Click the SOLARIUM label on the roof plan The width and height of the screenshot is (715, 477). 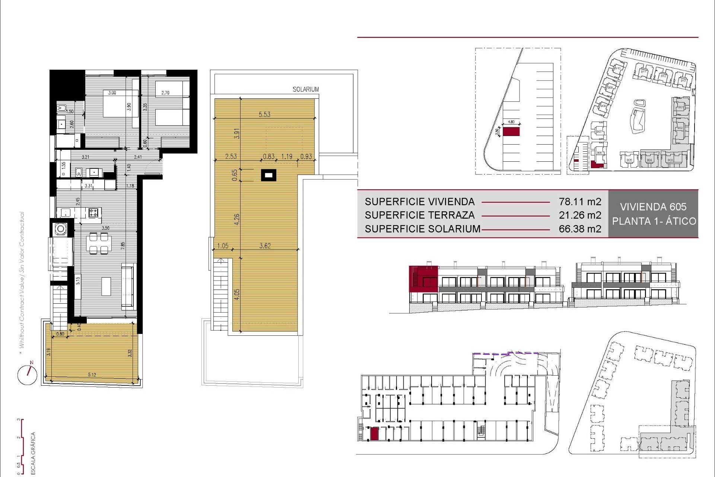tap(305, 89)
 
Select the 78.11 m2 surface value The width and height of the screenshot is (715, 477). tap(580, 202)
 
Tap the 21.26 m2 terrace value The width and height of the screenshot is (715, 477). tap(580, 215)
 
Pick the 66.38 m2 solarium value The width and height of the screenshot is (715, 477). tap(580, 229)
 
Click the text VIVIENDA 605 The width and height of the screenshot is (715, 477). tap(653, 207)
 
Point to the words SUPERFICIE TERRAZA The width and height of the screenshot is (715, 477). tap(420, 215)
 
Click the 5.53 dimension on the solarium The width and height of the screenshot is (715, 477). tap(264, 114)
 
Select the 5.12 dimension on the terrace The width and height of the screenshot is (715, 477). tap(92, 375)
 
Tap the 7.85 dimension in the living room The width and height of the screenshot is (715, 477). tap(123, 246)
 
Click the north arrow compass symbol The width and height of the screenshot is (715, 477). tap(28, 374)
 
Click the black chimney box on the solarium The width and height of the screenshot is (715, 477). tap(268, 175)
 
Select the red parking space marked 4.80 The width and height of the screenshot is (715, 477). tap(511, 132)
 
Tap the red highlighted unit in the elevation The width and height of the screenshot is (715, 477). tap(423, 279)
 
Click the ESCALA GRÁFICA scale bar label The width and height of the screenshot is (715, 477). tap(33, 453)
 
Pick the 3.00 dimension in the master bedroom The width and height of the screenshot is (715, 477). tap(112, 93)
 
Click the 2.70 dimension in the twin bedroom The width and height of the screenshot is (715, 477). tap(165, 93)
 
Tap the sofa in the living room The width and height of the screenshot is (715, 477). tap(128, 286)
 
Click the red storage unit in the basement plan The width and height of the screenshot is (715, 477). tap(374, 434)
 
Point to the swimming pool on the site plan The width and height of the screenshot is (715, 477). tap(639, 116)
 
